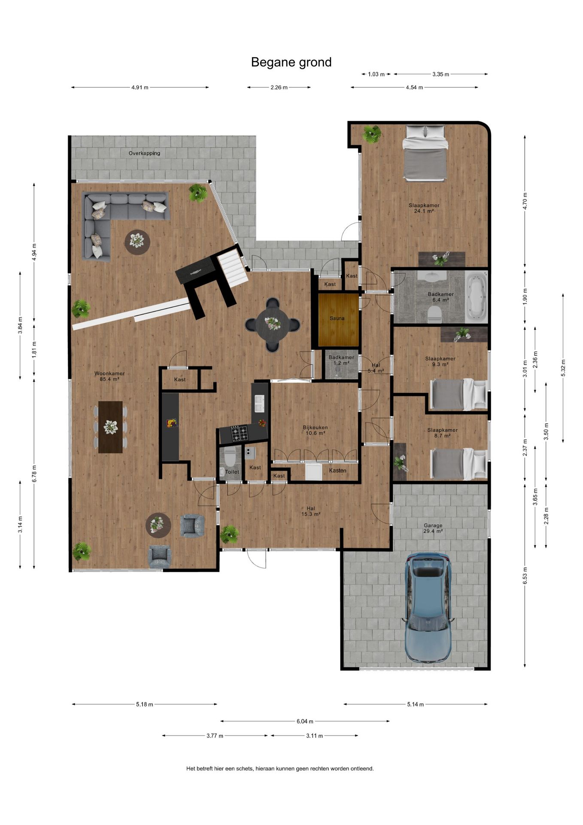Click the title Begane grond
point(291,62)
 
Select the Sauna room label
point(337,318)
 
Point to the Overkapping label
point(144,153)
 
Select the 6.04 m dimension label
point(305,721)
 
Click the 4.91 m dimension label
point(140,88)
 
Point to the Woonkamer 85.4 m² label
point(109,376)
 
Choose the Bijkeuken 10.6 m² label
point(315,430)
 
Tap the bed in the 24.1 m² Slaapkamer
point(425,153)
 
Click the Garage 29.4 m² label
point(433,528)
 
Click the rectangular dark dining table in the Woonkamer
point(110,427)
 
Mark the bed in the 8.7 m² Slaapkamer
point(459,464)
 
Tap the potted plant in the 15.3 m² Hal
point(229,534)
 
